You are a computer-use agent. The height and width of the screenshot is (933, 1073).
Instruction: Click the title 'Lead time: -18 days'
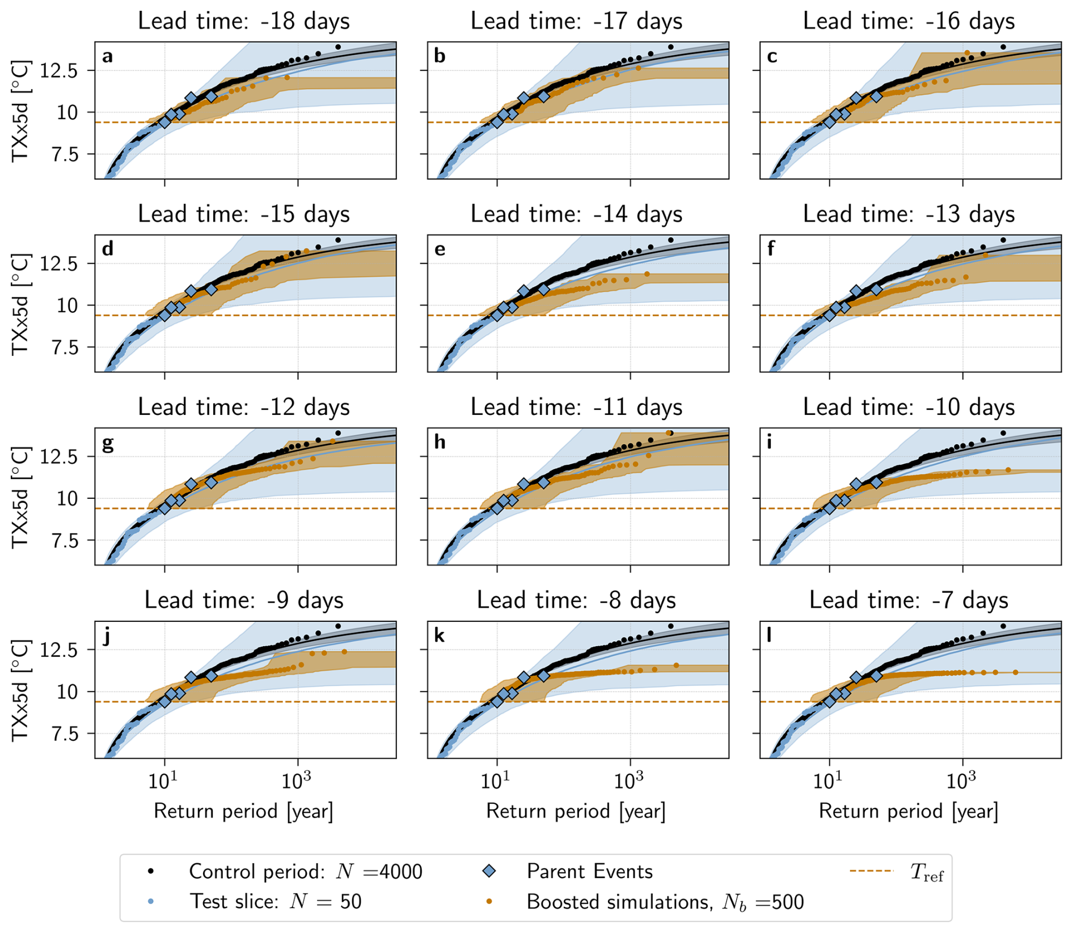click(x=244, y=22)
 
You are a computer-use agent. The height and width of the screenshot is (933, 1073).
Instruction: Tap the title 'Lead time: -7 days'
click(x=909, y=601)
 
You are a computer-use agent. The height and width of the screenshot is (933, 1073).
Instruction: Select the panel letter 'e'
click(x=440, y=249)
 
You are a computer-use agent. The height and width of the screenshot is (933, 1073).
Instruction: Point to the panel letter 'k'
click(x=440, y=635)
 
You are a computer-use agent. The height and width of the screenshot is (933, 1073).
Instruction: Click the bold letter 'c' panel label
click(x=772, y=56)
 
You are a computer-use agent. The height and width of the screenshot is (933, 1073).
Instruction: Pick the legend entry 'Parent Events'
click(x=589, y=871)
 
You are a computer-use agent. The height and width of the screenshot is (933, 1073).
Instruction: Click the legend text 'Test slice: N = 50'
click(x=275, y=901)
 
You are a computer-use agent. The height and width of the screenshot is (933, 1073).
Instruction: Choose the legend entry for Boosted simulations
click(x=665, y=901)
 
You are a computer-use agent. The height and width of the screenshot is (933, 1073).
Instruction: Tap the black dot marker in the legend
click(x=151, y=871)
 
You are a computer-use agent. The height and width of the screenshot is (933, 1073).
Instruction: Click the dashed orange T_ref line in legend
click(x=871, y=871)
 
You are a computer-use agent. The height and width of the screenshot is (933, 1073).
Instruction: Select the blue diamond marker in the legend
click(x=488, y=871)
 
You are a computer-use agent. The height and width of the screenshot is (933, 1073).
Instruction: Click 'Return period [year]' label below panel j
click(x=243, y=811)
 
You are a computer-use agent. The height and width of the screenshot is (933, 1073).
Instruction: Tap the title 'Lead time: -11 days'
click(x=576, y=408)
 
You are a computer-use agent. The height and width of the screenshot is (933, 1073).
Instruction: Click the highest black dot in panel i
click(x=1003, y=433)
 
